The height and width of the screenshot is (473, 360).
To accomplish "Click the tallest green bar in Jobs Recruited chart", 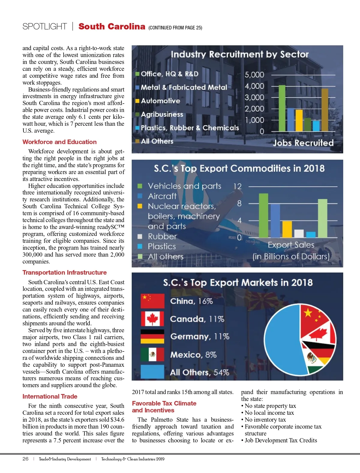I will pyautogui.click(x=282, y=108).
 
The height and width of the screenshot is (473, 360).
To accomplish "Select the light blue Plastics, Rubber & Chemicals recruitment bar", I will pyautogui.click(x=316, y=126).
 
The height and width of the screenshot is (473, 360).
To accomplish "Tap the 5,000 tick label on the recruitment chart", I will pyautogui.click(x=254, y=75).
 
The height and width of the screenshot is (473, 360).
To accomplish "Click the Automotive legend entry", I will pyautogui.click(x=160, y=101).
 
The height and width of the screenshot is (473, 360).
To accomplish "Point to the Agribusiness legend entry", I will pyautogui.click(x=162, y=114).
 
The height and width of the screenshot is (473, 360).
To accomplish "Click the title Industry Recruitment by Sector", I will pyautogui.click(x=239, y=54).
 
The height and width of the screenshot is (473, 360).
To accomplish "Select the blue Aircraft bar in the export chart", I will pyautogui.click(x=275, y=221).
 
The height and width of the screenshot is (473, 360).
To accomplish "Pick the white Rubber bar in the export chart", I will pyautogui.click(x=299, y=233).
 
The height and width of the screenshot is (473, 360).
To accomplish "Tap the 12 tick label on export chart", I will pyautogui.click(x=237, y=186).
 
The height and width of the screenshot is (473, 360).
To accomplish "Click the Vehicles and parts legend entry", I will pyautogui.click(x=184, y=186).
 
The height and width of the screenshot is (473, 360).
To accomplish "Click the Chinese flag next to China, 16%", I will pyautogui.click(x=152, y=301).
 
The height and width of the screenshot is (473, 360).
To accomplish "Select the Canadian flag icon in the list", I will pyautogui.click(x=152, y=319).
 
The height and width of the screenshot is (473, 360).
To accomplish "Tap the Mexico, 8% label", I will pyautogui.click(x=193, y=355).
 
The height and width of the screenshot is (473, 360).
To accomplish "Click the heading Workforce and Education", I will pyautogui.click(x=59, y=142).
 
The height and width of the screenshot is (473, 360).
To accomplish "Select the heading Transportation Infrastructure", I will pyautogui.click(x=64, y=273).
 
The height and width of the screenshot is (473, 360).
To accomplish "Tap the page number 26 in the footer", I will pyautogui.click(x=25, y=459).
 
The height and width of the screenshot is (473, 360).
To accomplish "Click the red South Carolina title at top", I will pyautogui.click(x=112, y=26).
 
